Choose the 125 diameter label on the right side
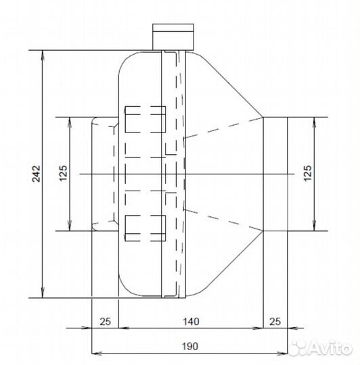coord(307,174)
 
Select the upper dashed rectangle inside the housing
coord(145,120)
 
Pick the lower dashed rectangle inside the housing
coord(145,227)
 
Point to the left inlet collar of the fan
coord(104,174)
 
